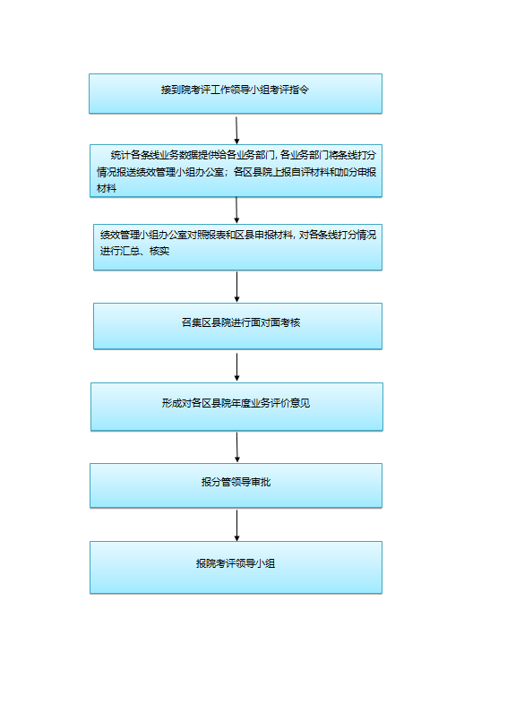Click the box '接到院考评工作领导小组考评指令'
click(x=236, y=94)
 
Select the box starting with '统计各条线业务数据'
click(x=236, y=171)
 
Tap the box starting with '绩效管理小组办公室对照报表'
click(x=238, y=247)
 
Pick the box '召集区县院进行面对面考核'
click(x=238, y=326)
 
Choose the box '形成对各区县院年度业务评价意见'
click(x=237, y=407)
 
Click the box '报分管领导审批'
click(x=236, y=485)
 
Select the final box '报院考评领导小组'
click(x=236, y=568)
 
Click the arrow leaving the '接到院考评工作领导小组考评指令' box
click(x=236, y=130)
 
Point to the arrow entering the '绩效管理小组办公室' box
click(x=236, y=210)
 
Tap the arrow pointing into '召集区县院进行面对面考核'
click(x=237, y=287)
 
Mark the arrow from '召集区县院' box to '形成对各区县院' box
click(x=237, y=367)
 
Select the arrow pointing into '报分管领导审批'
click(x=237, y=447)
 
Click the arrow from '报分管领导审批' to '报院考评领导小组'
click(x=237, y=525)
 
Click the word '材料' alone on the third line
click(x=107, y=188)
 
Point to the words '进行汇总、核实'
click(x=134, y=251)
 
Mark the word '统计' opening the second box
click(x=120, y=155)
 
